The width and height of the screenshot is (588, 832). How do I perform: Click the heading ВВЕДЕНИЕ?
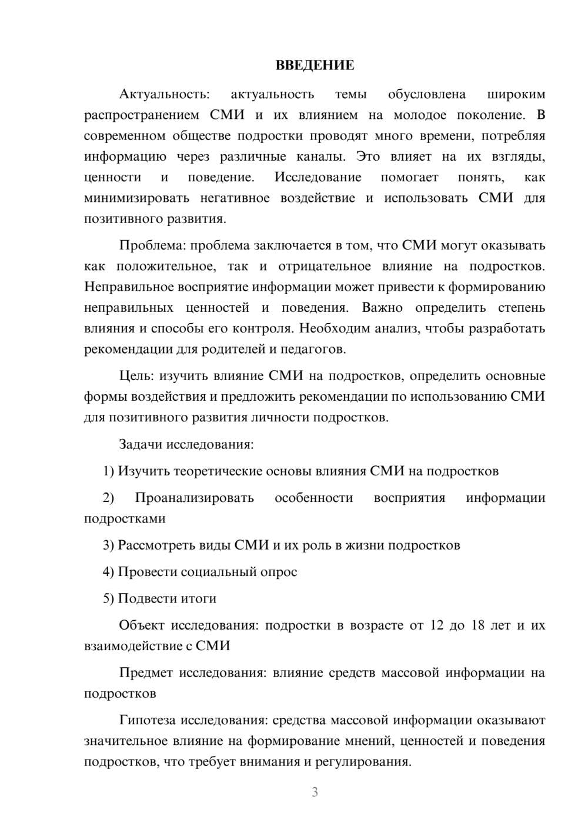tap(315, 65)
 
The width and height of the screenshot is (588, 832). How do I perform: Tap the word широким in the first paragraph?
tap(516, 94)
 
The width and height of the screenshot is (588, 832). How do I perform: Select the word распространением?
tap(142, 115)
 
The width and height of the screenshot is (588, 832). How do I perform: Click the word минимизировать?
tap(136, 198)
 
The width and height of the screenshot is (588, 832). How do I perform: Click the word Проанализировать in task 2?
tap(194, 498)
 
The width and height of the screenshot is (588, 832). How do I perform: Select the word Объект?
tap(141, 625)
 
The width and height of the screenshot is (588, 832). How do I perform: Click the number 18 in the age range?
tap(477, 625)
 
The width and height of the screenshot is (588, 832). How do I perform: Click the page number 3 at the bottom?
tap(315, 792)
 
